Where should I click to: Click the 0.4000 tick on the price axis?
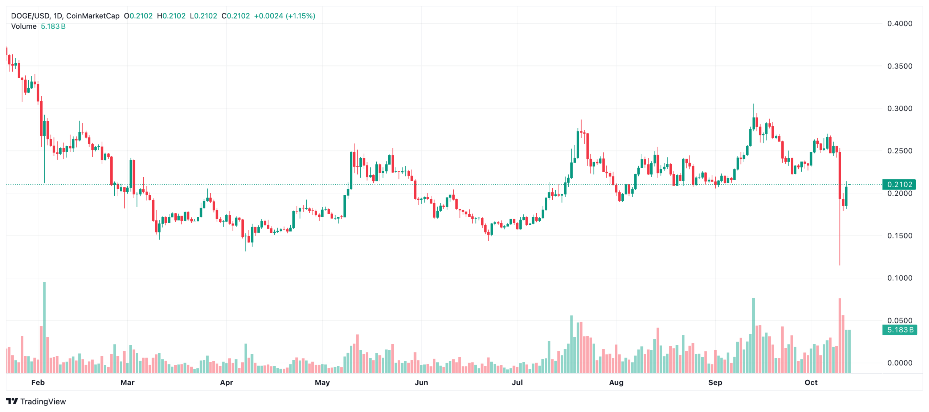click(x=899, y=24)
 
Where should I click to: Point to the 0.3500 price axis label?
click(x=899, y=66)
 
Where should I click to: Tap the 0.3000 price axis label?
click(x=899, y=109)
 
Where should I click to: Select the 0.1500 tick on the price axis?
click(x=899, y=236)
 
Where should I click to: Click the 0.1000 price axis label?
click(x=899, y=278)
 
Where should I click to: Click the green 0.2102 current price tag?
click(x=899, y=184)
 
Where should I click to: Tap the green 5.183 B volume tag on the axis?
click(x=899, y=330)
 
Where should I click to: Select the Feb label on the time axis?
click(x=38, y=382)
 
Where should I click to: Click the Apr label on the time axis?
click(x=226, y=382)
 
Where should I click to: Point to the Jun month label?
click(x=421, y=382)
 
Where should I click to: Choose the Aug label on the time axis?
click(x=616, y=382)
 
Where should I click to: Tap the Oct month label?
click(x=811, y=382)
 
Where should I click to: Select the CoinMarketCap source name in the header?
click(x=93, y=16)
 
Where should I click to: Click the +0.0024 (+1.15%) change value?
click(x=285, y=16)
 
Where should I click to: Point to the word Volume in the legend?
click(x=24, y=26)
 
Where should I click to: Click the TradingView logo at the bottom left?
click(x=36, y=401)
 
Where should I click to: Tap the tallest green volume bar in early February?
click(x=44, y=327)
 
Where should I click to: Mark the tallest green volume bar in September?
click(x=753, y=334)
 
